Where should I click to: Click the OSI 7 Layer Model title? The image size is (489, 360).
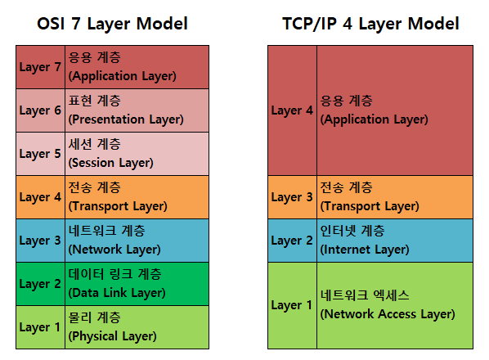pos(112,24)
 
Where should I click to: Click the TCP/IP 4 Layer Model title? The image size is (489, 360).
pos(370,24)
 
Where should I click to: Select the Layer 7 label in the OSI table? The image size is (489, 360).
pos(40,67)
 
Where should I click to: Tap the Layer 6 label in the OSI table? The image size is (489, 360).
pos(40,110)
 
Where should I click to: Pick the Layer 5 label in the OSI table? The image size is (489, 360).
pos(40,154)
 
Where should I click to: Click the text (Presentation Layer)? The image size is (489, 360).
pos(126,119)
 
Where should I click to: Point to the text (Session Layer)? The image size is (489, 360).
pos(110,163)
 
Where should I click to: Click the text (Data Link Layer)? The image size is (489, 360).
pos(117,293)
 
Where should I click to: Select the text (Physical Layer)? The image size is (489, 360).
pos(112,336)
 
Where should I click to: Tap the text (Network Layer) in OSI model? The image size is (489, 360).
pos(114,250)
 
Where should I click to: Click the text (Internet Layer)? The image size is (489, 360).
pos(365,250)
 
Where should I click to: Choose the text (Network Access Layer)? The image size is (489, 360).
pos(388,314)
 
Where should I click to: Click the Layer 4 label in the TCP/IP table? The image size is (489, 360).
pos(292,110)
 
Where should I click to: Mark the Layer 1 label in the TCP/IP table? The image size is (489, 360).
pos(292,305)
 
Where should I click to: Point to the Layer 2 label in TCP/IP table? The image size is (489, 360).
pos(292,241)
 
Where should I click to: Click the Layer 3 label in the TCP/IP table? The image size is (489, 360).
pos(292,197)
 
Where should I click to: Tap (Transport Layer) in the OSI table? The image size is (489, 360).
pos(118,206)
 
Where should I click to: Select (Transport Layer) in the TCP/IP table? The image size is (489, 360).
pos(370,206)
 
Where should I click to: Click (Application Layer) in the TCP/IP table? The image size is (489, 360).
pos(375,119)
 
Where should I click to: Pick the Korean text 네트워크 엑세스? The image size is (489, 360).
pos(365,295)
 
